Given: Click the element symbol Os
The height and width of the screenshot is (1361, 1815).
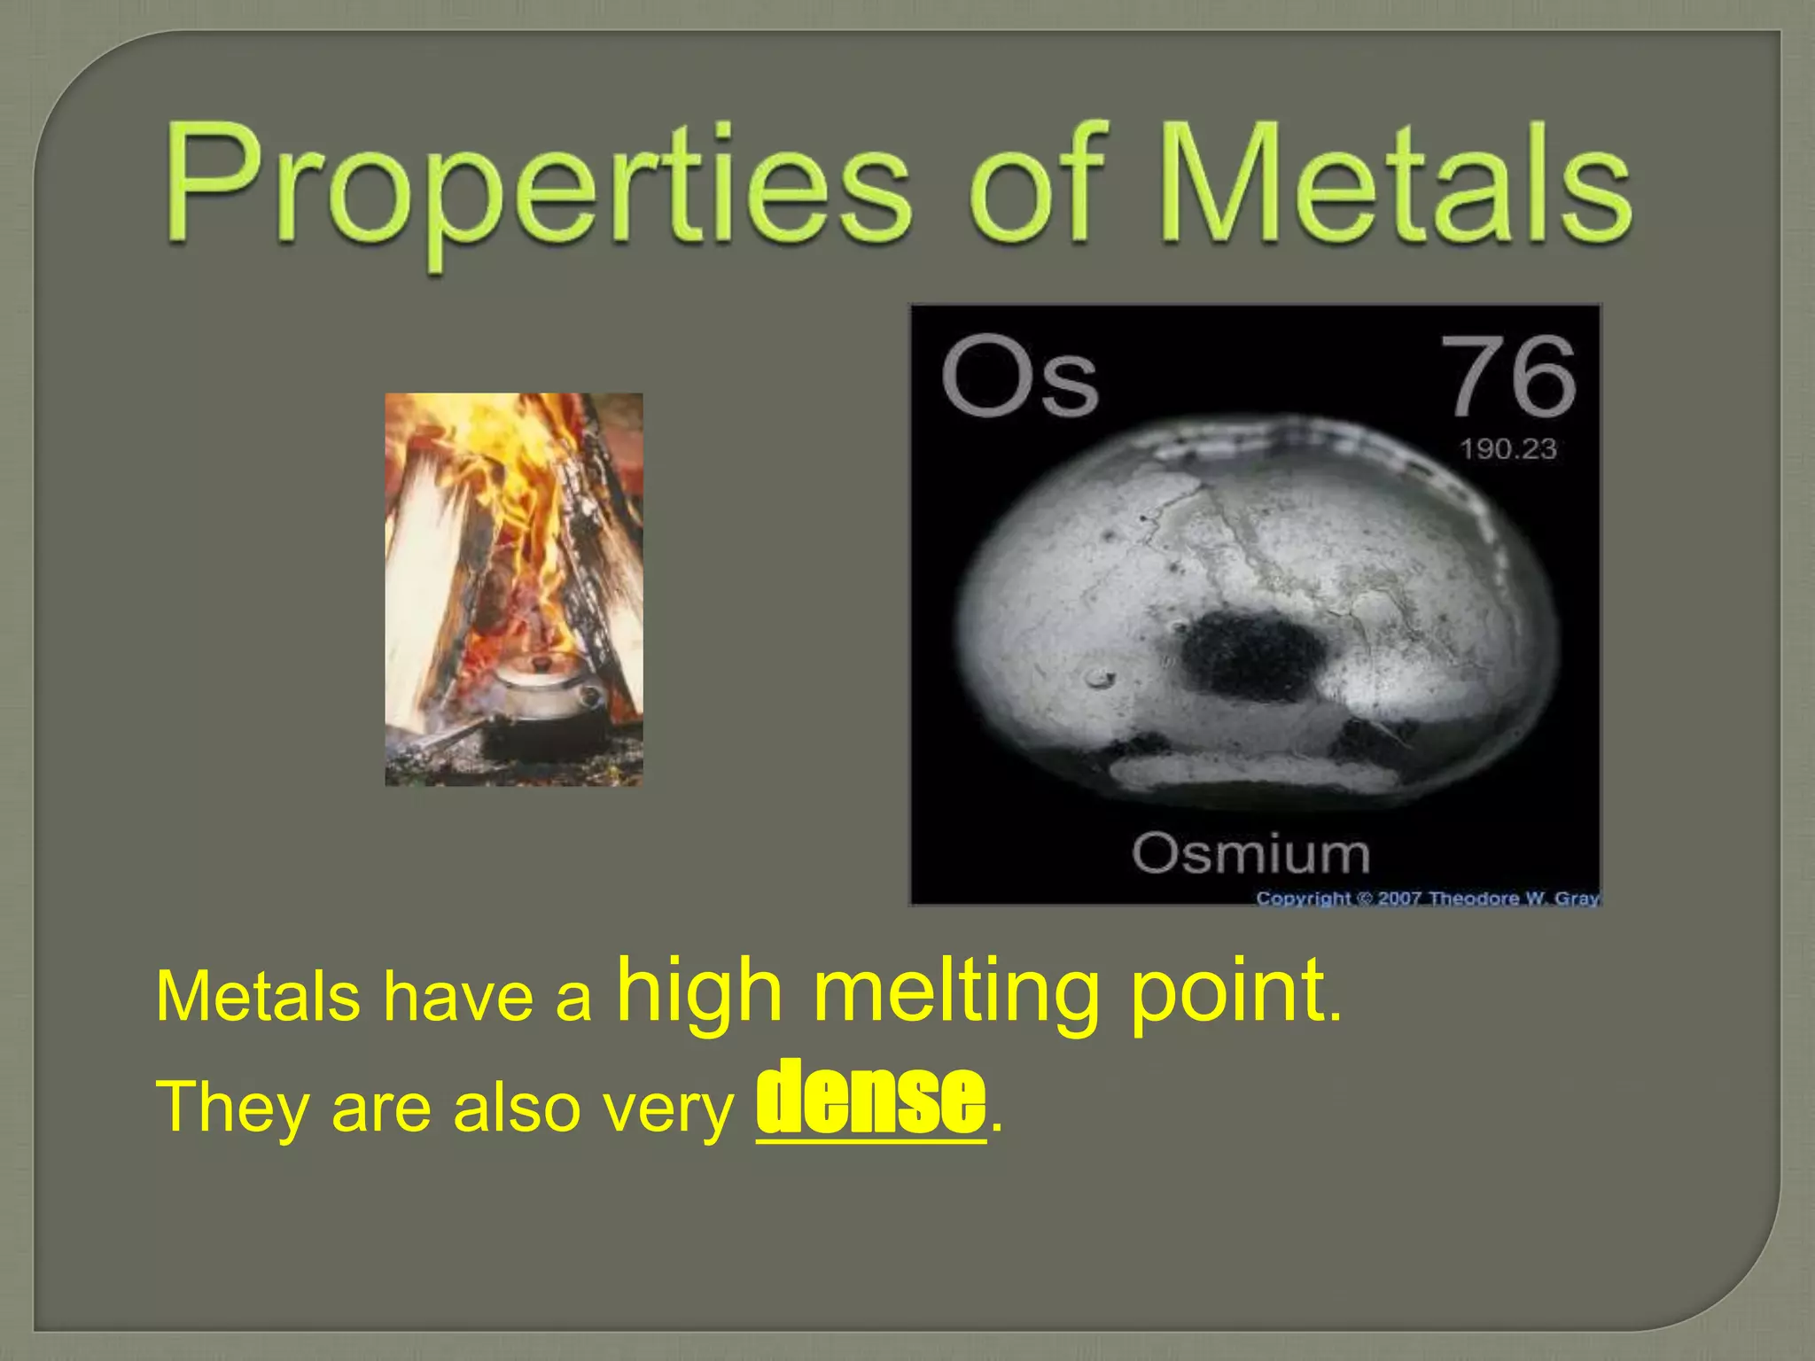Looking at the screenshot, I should click(x=1019, y=376).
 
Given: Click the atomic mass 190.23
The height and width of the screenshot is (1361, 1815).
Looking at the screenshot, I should click(x=1508, y=449).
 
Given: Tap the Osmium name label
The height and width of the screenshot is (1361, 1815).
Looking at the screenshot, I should click(x=1250, y=854).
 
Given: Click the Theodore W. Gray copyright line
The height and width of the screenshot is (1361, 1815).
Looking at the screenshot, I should click(x=1427, y=898).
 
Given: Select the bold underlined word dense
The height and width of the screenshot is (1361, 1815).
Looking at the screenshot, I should click(x=870, y=1098).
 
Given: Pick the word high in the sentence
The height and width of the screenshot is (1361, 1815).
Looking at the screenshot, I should click(x=700, y=992).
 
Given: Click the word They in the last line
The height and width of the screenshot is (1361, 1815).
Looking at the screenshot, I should click(x=232, y=1108).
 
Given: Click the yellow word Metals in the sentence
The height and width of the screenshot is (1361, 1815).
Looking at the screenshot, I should click(x=257, y=997).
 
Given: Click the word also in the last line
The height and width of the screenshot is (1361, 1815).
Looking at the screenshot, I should click(x=517, y=1108).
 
